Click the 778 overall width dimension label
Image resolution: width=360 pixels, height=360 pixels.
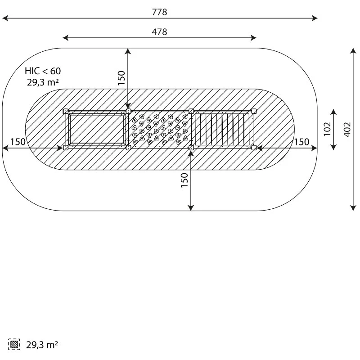click(160, 12)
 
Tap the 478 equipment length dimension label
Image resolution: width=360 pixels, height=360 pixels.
click(160, 31)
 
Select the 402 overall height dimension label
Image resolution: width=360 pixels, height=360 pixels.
click(347, 130)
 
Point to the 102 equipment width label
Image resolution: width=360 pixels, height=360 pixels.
click(328, 129)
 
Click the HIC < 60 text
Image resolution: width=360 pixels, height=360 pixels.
click(43, 71)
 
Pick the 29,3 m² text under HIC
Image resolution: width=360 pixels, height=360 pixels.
click(42, 82)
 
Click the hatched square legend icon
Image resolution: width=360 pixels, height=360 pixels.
click(14, 344)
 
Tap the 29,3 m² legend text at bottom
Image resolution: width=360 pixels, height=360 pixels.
click(42, 345)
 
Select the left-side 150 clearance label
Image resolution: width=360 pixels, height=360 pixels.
click(18, 142)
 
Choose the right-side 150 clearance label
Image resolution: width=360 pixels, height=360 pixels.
click(301, 142)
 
